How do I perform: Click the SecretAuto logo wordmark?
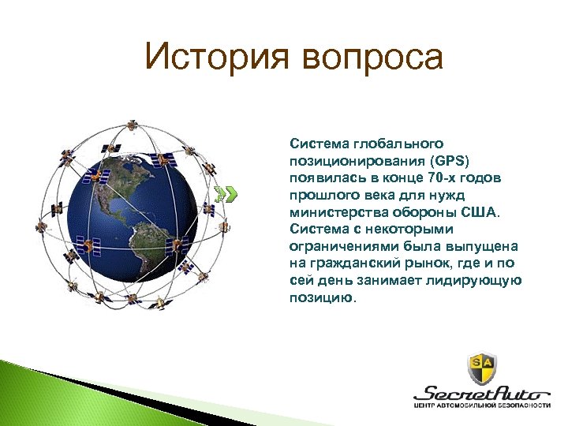pos(481,393)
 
